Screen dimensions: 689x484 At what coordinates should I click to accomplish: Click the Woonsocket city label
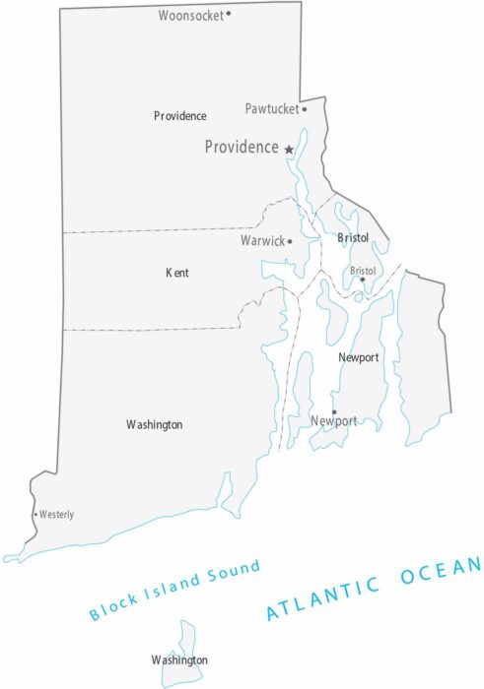point(191,16)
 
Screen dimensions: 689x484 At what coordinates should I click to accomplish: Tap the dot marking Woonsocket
point(229,14)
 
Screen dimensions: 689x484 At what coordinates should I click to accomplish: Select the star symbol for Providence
point(289,149)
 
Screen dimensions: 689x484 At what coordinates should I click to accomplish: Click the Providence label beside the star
point(242,148)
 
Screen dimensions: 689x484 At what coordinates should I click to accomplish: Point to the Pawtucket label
point(271,108)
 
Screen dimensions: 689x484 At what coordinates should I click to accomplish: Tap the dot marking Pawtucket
point(304,108)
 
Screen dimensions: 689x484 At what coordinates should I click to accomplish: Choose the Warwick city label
point(262,240)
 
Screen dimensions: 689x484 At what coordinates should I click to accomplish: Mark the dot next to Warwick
point(290,240)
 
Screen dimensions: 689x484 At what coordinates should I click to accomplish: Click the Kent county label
point(177,273)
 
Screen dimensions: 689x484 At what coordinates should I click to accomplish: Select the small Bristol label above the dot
point(364,270)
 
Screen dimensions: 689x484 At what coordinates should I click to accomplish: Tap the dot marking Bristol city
point(362,280)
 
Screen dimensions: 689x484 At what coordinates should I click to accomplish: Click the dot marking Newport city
point(333,411)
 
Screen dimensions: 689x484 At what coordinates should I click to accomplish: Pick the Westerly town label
point(57,515)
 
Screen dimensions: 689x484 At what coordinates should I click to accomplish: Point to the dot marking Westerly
point(36,514)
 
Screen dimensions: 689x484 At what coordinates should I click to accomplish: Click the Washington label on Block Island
point(179,659)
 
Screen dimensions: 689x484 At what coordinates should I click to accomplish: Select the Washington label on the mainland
point(155,424)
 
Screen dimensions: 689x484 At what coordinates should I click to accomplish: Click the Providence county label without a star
point(180,116)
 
